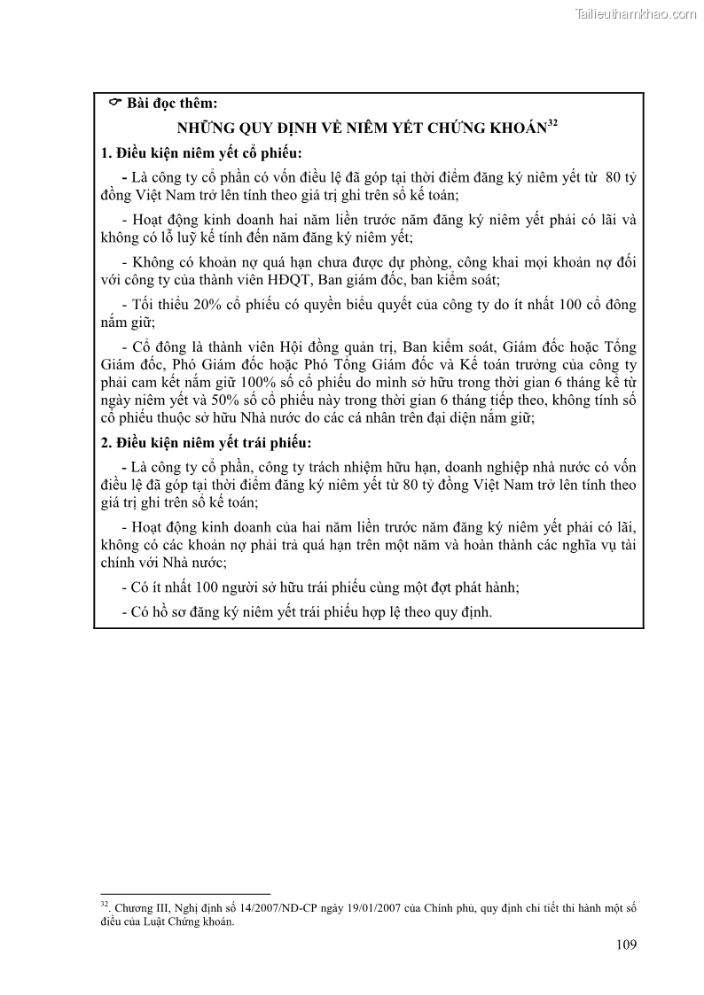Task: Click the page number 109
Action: pos(625,944)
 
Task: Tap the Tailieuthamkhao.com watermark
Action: pos(636,14)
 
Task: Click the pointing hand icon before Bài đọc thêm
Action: pos(114,104)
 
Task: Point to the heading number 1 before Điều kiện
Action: pos(106,152)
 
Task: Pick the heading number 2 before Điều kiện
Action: pos(106,443)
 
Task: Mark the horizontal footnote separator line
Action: pos(185,893)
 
